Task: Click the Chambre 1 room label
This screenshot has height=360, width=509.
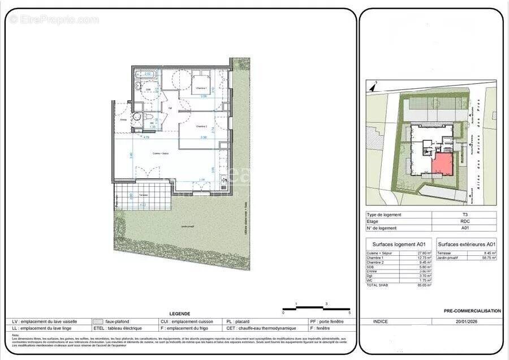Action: [x=201, y=89]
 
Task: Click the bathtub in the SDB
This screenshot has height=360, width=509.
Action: [x=148, y=74]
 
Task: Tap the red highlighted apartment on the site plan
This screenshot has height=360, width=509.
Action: [x=442, y=165]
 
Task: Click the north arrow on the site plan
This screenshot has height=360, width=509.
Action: [x=373, y=87]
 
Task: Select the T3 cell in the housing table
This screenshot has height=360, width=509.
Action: [x=464, y=215]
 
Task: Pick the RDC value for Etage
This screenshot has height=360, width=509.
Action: [x=464, y=221]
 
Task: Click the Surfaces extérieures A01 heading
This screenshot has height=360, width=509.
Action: [x=467, y=244]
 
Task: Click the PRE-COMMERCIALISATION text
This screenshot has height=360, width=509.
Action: [x=472, y=311]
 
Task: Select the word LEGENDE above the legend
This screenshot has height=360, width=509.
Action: [x=180, y=314]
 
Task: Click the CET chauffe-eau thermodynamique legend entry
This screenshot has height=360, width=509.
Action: [x=255, y=328]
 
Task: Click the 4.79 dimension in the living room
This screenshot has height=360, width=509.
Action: [x=130, y=137]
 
